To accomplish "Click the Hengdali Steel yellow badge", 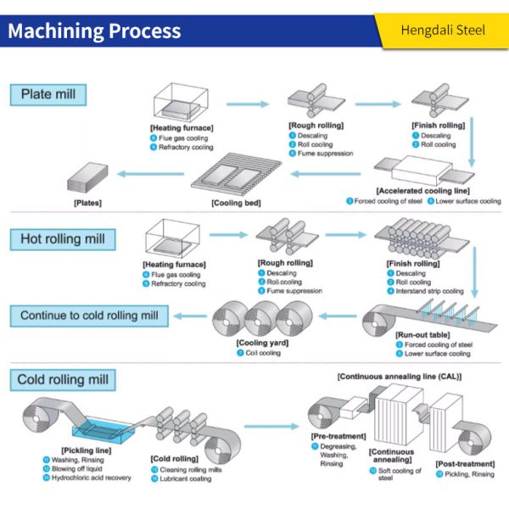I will [x=444, y=31].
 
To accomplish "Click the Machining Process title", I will [x=94, y=31].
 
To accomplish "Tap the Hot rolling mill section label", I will [x=64, y=239].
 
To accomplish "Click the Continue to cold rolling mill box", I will [x=90, y=316].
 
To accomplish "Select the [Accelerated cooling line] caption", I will [x=422, y=192].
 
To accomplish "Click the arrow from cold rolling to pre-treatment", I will [x=268, y=428].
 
